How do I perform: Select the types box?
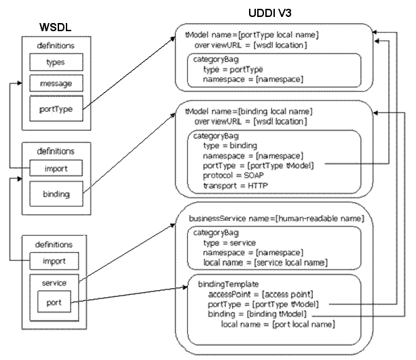point(56,62)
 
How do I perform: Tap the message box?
point(56,84)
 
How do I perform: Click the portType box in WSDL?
point(56,107)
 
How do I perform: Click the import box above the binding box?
point(56,167)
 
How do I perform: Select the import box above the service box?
point(56,260)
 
